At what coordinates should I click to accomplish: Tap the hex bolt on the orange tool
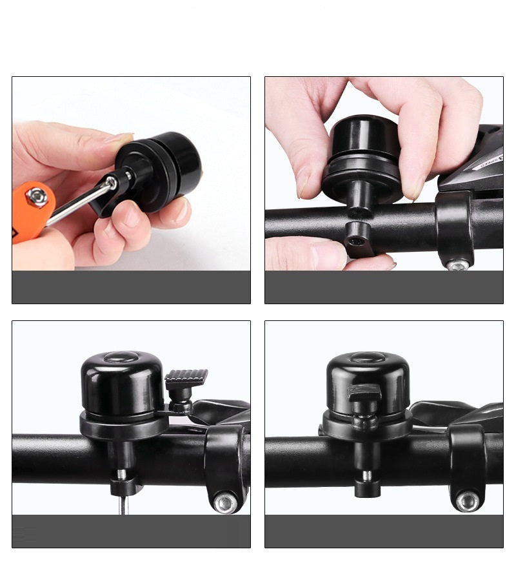(37, 197)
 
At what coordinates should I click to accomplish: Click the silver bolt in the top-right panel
(458, 263)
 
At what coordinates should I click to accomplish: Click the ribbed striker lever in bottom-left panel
(187, 376)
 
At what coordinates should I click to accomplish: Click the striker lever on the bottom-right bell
(365, 392)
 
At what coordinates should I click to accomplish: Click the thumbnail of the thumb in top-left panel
(119, 138)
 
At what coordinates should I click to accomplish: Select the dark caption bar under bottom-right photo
(384, 531)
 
